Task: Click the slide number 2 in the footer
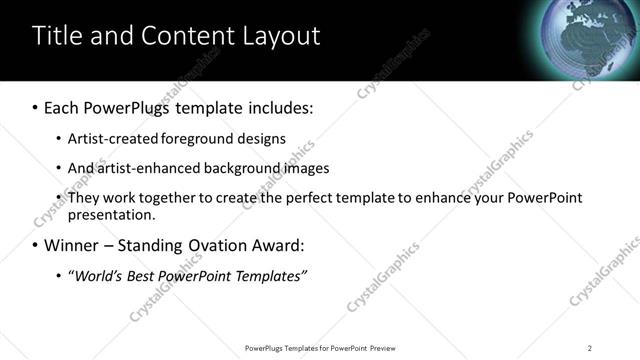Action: (589, 348)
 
